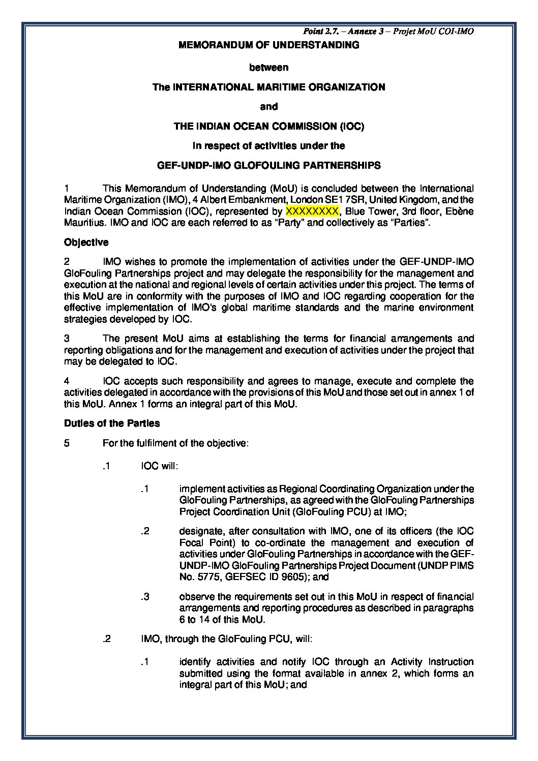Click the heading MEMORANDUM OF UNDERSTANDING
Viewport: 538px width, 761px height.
point(268,45)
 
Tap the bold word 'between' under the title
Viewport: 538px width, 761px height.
point(268,67)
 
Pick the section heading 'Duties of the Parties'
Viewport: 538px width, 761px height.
point(112,423)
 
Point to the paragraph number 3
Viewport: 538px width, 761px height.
point(67,339)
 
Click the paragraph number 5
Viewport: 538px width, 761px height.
point(67,443)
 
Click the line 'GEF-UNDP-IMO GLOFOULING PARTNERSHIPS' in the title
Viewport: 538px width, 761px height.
point(268,165)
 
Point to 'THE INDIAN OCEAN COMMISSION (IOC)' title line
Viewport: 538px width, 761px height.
point(268,126)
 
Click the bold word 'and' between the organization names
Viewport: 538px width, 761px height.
point(268,107)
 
